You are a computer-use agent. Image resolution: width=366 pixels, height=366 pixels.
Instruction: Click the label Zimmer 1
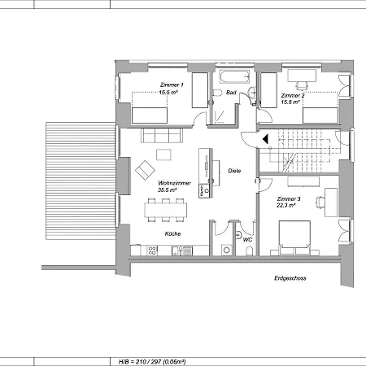[x=171, y=85]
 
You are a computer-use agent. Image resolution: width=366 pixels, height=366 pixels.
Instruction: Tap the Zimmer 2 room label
[x=292, y=95]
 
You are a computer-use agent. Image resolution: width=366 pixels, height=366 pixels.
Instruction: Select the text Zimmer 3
[x=289, y=199]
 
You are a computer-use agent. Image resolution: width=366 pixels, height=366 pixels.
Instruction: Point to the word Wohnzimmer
[x=174, y=183]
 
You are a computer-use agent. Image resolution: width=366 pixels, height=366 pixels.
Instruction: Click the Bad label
[x=231, y=94]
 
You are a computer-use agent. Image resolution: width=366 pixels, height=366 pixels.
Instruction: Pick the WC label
[x=247, y=239]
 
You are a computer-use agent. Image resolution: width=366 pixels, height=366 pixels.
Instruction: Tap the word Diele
[x=234, y=171]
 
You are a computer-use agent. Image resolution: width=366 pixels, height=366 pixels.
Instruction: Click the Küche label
[x=172, y=233]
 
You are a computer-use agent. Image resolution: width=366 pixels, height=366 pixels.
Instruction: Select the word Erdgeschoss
[x=290, y=278]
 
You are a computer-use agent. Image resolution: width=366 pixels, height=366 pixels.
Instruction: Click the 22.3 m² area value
[x=286, y=207]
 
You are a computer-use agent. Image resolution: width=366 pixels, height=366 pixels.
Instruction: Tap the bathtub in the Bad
[x=233, y=79]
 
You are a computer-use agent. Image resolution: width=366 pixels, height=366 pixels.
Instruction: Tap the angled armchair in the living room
[x=146, y=170]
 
